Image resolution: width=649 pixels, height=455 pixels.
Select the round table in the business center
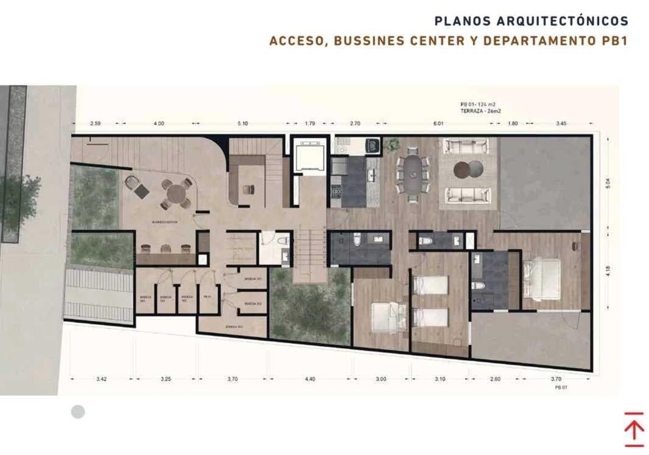coord(176,193)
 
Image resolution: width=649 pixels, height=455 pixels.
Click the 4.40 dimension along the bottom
coord(309,379)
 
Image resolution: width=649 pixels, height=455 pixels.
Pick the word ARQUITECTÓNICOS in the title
coord(563,21)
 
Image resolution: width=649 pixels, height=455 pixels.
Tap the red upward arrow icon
coord(634,429)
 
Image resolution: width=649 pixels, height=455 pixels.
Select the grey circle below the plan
coord(78,412)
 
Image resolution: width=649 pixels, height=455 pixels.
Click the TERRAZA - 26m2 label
coord(479,111)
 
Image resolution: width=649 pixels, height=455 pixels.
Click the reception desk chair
coord(248,189)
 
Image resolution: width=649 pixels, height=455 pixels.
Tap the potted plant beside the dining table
coord(392,145)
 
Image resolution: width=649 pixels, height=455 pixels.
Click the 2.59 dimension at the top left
coord(95,123)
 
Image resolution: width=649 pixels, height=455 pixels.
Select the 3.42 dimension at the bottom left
coord(101,379)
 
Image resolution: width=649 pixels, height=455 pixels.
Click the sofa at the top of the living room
coord(466,146)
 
